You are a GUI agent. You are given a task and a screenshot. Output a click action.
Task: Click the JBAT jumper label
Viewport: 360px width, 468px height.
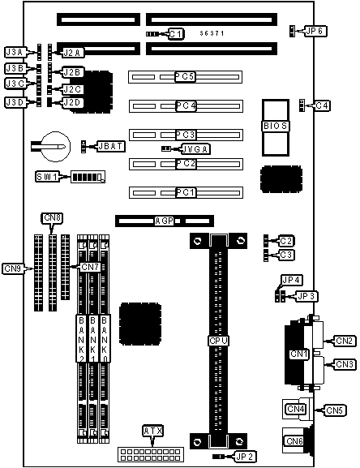click(x=110, y=146)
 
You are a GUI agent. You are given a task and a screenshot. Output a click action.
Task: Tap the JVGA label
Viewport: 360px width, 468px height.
click(x=195, y=149)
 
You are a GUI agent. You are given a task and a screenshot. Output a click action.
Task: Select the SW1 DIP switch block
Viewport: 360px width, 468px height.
click(x=88, y=177)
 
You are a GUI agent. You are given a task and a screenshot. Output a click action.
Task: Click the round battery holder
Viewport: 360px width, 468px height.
click(x=55, y=147)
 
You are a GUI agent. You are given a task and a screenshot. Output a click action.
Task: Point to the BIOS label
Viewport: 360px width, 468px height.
click(x=276, y=126)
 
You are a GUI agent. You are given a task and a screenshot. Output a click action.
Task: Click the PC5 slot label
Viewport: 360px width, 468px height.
click(x=185, y=77)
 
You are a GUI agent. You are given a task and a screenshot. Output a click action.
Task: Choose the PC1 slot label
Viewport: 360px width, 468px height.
click(x=186, y=192)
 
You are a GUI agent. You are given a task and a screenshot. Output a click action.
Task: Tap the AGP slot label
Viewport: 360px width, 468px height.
click(x=165, y=221)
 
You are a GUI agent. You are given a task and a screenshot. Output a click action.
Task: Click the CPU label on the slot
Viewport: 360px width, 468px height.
click(x=219, y=341)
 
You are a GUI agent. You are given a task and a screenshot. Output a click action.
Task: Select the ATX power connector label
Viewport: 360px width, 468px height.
click(x=153, y=431)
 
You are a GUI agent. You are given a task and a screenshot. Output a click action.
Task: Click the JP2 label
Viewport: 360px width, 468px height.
click(x=246, y=457)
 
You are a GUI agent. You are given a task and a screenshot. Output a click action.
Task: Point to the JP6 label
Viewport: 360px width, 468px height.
click(x=316, y=31)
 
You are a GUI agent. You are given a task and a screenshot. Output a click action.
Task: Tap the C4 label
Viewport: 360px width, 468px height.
click(x=322, y=105)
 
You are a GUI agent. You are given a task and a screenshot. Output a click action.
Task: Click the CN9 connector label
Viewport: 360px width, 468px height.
click(x=12, y=268)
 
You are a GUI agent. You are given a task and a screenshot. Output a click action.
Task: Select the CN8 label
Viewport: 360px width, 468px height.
click(x=52, y=218)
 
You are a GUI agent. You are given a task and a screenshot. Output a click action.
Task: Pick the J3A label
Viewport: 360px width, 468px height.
click(x=15, y=52)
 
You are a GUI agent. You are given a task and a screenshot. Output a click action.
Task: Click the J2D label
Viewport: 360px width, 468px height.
click(x=72, y=102)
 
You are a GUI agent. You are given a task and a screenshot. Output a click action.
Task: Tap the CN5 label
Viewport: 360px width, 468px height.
click(x=335, y=410)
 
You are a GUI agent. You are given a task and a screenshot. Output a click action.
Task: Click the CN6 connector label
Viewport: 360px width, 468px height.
click(x=294, y=441)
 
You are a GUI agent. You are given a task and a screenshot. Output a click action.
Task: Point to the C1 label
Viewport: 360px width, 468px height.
click(x=176, y=34)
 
